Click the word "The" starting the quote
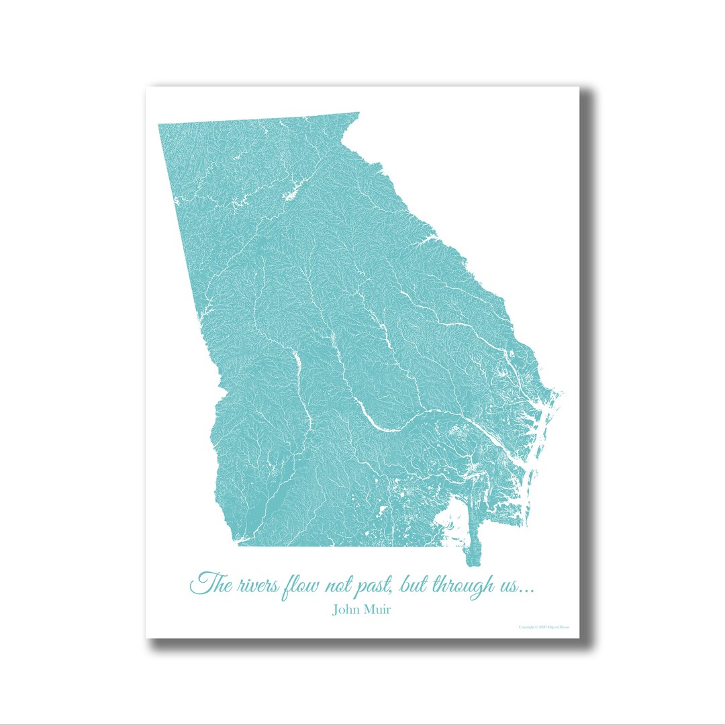pos(210,583)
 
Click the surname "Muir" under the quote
pos(380,610)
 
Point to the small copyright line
pos(544,628)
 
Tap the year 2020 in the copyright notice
pos(540,628)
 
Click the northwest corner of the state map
pos(160,126)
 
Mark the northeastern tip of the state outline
pos(357,113)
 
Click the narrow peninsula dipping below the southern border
pos(469,554)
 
